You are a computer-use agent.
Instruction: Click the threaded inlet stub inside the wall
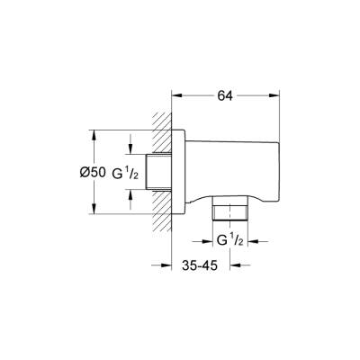161,171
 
